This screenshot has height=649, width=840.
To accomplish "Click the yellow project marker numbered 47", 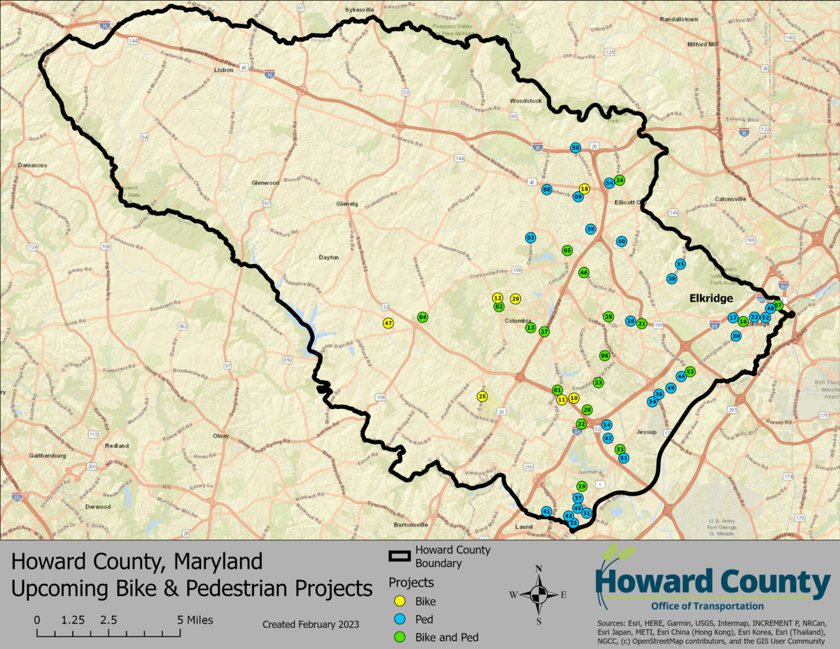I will pyautogui.click(x=388, y=323).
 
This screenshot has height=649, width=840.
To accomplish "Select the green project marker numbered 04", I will pyautogui.click(x=422, y=317).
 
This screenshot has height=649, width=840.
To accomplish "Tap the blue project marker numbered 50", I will pyautogui.click(x=575, y=148).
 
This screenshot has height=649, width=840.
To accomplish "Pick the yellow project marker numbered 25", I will pyautogui.click(x=482, y=396).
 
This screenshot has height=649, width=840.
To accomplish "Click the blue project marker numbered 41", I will pyautogui.click(x=547, y=512).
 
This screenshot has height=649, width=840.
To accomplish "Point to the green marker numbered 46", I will pyautogui.click(x=584, y=272).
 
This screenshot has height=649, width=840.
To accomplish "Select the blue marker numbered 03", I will pyautogui.click(x=530, y=238).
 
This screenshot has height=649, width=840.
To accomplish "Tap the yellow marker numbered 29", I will pyautogui.click(x=515, y=299).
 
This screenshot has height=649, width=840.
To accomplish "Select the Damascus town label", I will pyautogui.click(x=32, y=165).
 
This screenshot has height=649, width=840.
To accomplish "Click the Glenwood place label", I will pyautogui.click(x=265, y=183).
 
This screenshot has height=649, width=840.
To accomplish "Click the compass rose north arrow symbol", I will pyautogui.click(x=538, y=594).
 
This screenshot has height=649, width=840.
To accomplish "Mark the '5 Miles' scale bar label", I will pyautogui.click(x=195, y=620).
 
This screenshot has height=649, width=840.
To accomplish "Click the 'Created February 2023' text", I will pyautogui.click(x=310, y=624).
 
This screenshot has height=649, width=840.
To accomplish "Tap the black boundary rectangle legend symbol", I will pyautogui.click(x=400, y=557).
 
